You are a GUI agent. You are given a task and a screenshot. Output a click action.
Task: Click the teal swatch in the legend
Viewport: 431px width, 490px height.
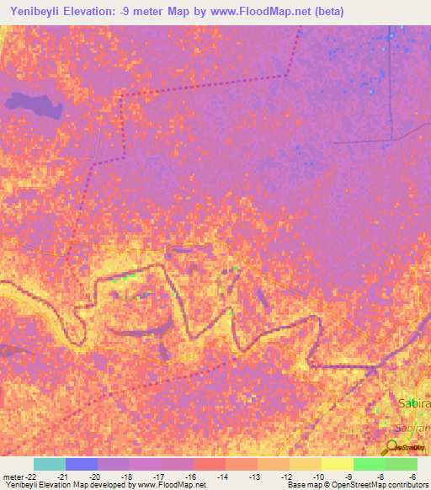[49, 464]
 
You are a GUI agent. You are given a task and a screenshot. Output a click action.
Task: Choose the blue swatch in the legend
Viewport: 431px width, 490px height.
[81, 464]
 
